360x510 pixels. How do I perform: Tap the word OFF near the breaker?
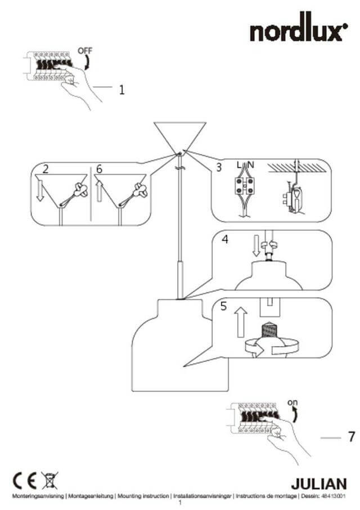pos(84,50)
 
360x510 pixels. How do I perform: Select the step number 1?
pos(121,89)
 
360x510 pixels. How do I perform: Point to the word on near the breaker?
pos(292,403)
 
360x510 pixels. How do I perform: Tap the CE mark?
pos(25,481)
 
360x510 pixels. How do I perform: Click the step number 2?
pos(45,168)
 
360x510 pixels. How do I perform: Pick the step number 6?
pos(100,168)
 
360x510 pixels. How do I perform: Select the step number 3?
pos(219,167)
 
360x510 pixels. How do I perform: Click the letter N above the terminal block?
pos(251,165)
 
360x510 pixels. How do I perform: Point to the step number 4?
pos(224,239)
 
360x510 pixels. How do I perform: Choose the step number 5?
pos(223,307)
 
